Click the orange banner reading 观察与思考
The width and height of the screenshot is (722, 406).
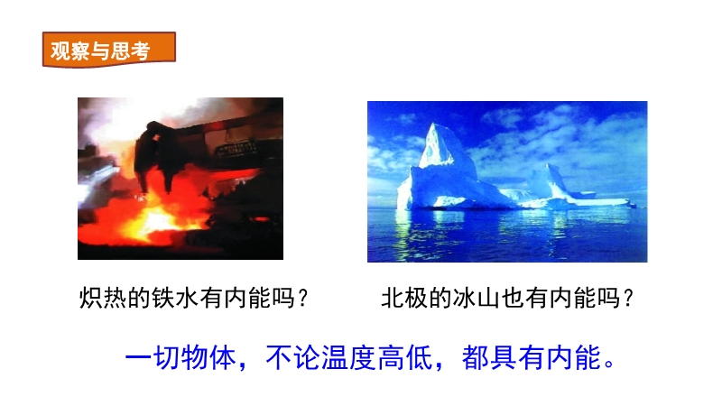click(x=108, y=50)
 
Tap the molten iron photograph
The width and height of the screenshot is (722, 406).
click(x=180, y=179)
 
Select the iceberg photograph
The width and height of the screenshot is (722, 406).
click(x=507, y=182)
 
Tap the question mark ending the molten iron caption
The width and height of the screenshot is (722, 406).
click(x=302, y=298)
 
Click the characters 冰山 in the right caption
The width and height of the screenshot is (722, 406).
click(x=477, y=298)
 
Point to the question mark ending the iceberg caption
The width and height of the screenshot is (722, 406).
click(x=628, y=298)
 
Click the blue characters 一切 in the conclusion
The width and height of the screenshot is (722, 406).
click(x=153, y=357)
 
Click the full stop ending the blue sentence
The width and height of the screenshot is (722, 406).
click(x=610, y=364)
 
